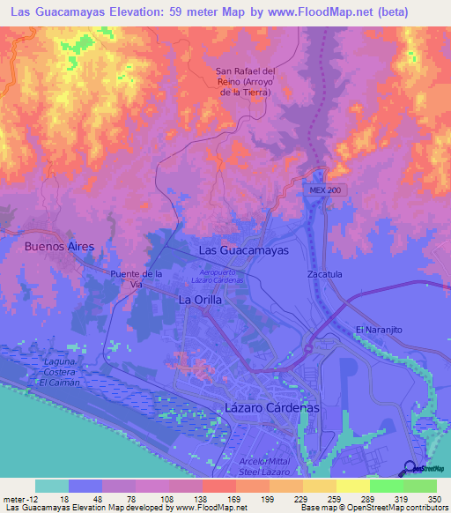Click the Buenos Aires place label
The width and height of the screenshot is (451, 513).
pos(59,248)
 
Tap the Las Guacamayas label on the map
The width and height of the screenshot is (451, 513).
pos(244,250)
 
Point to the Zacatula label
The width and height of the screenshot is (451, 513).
pos(324,274)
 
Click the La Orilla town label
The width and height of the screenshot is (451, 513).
pos(200,300)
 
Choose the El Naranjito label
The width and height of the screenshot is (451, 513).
pos(379,329)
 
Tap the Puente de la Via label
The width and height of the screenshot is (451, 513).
pos(137,279)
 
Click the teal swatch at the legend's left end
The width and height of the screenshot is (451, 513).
pos(52,486)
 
